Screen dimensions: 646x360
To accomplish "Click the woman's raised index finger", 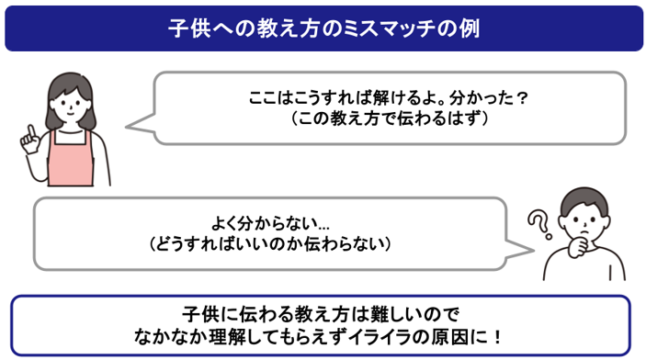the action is (x=30, y=131).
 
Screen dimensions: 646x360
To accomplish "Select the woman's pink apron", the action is (x=70, y=159).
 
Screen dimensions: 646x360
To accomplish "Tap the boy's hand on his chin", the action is (x=578, y=246).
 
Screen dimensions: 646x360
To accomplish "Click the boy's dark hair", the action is (x=584, y=202).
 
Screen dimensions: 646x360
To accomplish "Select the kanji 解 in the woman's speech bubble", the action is (x=381, y=98).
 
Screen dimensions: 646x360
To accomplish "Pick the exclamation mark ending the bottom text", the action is (x=498, y=338).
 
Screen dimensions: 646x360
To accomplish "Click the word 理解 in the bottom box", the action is (x=227, y=338).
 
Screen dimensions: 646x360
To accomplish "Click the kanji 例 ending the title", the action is (x=470, y=28).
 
